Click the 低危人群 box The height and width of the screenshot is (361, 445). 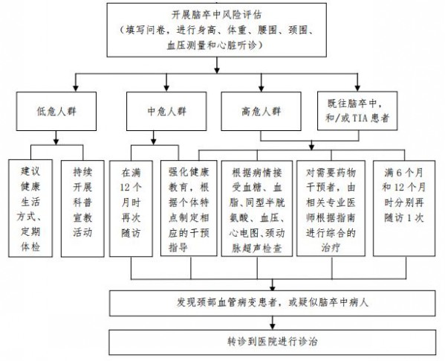point(56,111)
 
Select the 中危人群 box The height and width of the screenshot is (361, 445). point(166,111)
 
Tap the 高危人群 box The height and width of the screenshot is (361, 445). point(261,111)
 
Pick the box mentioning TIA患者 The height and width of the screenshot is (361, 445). point(357,111)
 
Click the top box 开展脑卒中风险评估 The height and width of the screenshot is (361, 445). point(216,30)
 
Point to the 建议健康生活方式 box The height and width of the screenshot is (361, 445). point(30,208)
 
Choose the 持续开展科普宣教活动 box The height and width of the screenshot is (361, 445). point(82,208)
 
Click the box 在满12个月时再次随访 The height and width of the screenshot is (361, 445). point(131,208)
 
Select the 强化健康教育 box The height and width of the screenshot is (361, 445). point(189,208)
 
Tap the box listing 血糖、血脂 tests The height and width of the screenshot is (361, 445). point(257,208)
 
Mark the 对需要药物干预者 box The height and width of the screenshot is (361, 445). point(331,208)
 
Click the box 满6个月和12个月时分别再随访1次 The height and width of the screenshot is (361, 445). point(404,208)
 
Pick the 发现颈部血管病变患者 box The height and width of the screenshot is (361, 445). point(273,303)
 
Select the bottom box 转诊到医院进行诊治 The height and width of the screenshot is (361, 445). point(273,342)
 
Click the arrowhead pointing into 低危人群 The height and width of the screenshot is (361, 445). point(76,88)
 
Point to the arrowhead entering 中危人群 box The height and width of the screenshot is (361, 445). point(166,88)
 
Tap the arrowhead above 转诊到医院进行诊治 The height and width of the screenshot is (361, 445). point(273,326)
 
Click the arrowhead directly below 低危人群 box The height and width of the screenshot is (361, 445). point(56,141)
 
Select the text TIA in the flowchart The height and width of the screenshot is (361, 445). point(360,118)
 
